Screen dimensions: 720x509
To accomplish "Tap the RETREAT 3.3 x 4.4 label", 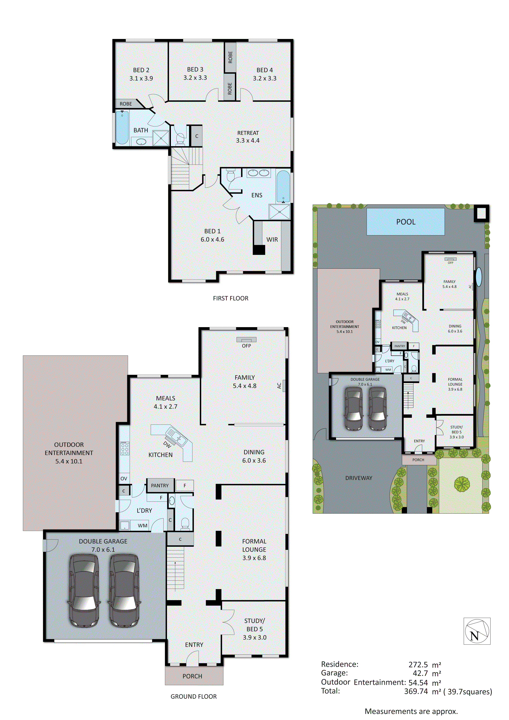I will pyautogui.click(x=248, y=137).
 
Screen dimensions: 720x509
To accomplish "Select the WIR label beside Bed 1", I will pyautogui.click(x=272, y=240).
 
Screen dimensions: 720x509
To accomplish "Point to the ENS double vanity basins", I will pyautogui.click(x=258, y=173).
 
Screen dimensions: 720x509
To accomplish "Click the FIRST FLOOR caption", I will pyautogui.click(x=230, y=298).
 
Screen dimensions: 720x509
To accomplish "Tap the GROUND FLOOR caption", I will pyautogui.click(x=193, y=696).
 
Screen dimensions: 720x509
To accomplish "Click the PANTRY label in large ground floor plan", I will pyautogui.click(x=160, y=485).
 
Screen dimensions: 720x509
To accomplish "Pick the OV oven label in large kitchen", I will pyautogui.click(x=124, y=479).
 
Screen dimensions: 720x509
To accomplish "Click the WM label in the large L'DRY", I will pyautogui.click(x=142, y=526).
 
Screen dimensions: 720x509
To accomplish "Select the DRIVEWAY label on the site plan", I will pyautogui.click(x=359, y=478).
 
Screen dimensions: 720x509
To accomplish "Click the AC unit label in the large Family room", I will pyautogui.click(x=279, y=385).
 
